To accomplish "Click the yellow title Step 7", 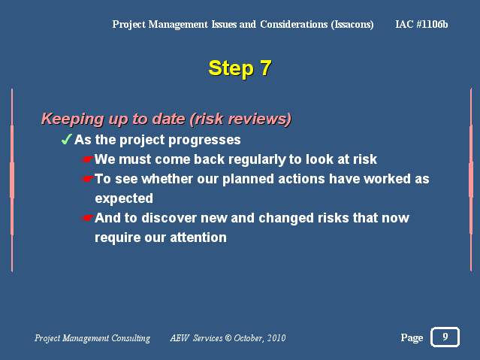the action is coord(240,68).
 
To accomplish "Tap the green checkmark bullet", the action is coord(66,139).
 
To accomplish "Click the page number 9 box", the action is coord(445,337).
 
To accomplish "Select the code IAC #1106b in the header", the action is coord(421,24).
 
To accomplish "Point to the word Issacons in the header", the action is coord(352,25).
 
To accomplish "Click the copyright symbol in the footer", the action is coord(228,338).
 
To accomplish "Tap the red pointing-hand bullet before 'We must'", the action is coord(88,159).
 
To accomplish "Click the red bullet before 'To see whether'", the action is coord(88,179).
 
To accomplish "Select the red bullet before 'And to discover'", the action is coord(88,218).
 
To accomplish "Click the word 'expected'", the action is coord(124,199).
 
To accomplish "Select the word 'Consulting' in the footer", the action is coord(131,338).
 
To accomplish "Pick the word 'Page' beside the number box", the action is coord(412,337).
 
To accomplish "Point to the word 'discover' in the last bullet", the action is coord(169,218).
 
